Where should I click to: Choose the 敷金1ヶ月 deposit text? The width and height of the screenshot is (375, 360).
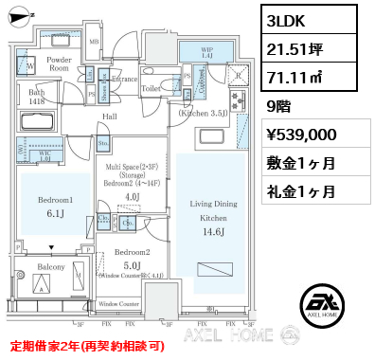tap(306, 163)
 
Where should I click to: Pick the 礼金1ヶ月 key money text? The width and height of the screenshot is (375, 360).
tap(306, 190)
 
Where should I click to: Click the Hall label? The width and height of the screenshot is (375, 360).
tap(109, 117)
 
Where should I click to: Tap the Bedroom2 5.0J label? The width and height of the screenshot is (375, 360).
tap(132, 259)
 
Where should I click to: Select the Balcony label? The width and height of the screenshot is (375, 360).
tap(52, 267)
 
